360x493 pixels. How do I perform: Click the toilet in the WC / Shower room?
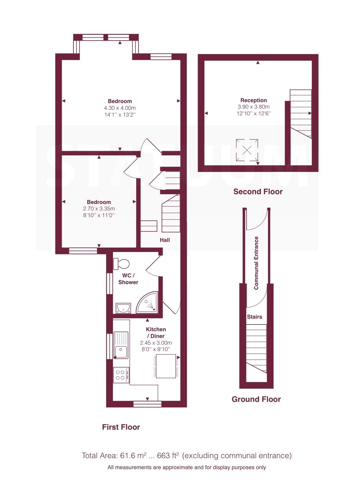point(121,264)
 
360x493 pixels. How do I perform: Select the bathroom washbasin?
point(123,308)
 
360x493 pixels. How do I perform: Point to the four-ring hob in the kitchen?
point(121,375)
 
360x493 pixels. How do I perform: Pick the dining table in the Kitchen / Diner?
point(166,366)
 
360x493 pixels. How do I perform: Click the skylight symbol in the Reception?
point(247,150)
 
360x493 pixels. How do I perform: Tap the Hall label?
point(165,240)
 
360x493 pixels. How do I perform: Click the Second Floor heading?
point(258,191)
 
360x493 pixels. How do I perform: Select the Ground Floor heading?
point(256,399)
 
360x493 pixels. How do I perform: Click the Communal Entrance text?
point(256,263)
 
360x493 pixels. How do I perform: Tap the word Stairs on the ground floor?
point(254,317)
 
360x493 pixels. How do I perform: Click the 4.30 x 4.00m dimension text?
point(120,108)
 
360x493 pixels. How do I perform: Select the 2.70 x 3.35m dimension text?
point(99,209)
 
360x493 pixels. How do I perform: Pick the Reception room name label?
point(254,100)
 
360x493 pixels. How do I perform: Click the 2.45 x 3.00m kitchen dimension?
point(156,343)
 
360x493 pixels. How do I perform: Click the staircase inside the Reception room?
point(301,113)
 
